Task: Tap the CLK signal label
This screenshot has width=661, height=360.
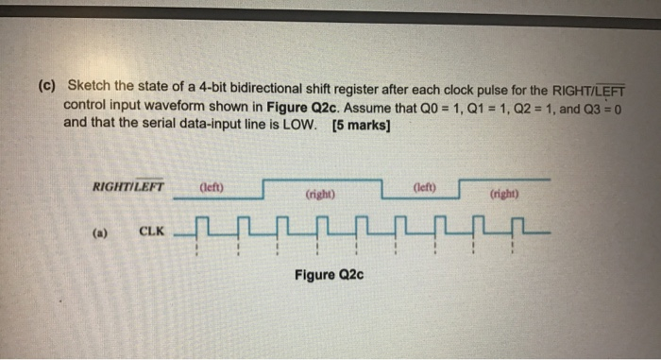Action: click(x=151, y=230)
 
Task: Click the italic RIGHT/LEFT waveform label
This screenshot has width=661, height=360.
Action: click(x=128, y=186)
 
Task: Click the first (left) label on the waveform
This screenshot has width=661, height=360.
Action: click(x=212, y=186)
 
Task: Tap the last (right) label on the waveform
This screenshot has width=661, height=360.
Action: click(x=502, y=197)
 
